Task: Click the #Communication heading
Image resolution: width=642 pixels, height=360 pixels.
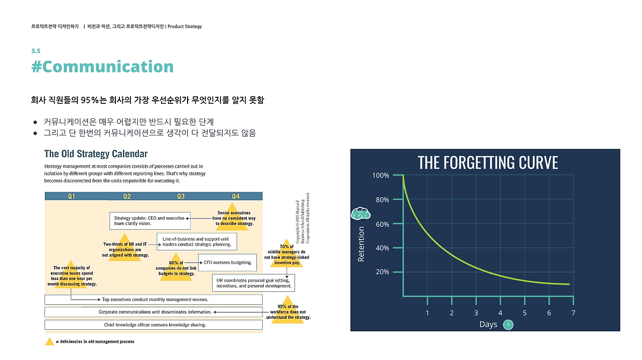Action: (102, 67)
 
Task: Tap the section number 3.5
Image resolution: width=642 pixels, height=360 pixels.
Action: (36, 51)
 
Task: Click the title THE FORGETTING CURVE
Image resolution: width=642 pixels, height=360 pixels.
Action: (488, 162)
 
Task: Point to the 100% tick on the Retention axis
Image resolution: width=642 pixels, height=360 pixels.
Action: (381, 175)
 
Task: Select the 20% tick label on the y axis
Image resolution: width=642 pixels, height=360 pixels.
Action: (382, 272)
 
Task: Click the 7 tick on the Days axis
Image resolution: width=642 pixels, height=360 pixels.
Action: (573, 313)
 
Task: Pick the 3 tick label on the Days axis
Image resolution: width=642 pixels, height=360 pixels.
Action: (476, 313)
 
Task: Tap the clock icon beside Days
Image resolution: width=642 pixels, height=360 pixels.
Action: (508, 324)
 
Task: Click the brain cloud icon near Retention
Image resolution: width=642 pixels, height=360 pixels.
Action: (361, 214)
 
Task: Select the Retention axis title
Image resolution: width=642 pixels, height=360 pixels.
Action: (361, 244)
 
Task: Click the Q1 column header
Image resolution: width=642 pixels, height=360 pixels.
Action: (72, 196)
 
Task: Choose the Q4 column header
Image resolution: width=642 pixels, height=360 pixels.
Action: (236, 196)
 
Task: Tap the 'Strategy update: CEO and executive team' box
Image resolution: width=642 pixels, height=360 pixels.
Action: (149, 221)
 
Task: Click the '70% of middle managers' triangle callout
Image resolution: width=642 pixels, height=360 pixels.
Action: (286, 254)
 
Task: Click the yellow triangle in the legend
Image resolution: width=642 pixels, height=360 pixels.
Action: (49, 341)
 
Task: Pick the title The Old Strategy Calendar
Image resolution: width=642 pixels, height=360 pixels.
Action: (96, 153)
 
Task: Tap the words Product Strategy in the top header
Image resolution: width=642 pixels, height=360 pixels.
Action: (185, 27)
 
